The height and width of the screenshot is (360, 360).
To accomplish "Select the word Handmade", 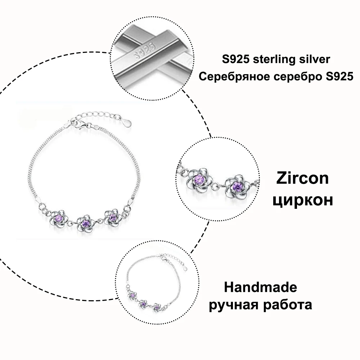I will (x=261, y=288).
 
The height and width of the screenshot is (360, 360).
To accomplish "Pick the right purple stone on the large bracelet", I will (x=112, y=217).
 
